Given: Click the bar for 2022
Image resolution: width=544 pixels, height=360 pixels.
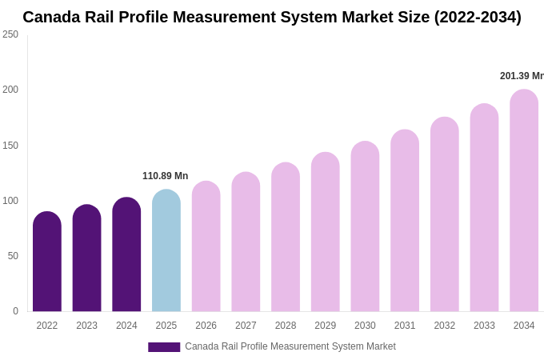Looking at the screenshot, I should pos(47,262).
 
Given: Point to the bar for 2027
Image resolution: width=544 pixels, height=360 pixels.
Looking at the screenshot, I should pos(246,242).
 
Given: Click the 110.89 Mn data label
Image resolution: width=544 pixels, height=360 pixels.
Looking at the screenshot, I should pos(165,176).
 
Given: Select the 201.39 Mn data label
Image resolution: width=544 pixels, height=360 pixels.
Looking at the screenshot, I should pos(522,76).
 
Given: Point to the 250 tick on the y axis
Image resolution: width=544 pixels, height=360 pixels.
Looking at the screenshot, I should pos(10,34).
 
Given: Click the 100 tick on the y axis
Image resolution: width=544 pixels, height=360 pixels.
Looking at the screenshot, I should pos(10,201).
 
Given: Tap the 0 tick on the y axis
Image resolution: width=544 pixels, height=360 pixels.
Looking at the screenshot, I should pos(15,311).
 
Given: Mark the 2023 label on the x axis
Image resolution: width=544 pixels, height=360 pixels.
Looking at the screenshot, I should pos(86,326).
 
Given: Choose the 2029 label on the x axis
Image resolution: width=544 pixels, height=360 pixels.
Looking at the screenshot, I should pos(325,326).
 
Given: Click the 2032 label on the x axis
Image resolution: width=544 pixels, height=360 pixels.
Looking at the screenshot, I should pos(444,326).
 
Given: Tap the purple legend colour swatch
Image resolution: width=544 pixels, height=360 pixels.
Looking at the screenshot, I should pos(164,347).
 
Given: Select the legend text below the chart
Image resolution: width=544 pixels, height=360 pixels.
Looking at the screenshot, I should pos(290,346).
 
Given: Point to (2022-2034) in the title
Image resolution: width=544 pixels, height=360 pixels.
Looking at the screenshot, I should pos(477,17).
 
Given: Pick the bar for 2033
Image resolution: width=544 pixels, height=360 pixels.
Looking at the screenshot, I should pos(484,207).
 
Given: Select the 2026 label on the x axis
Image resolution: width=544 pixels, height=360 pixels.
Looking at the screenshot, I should pos(206,326).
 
